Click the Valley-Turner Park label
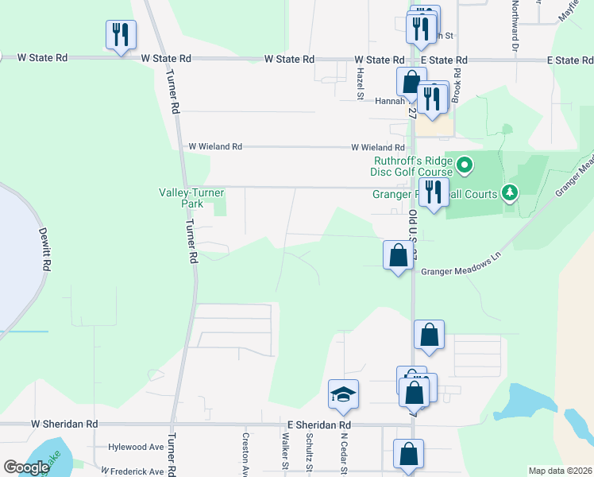click(x=191, y=198)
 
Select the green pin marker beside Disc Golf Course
click(x=465, y=166)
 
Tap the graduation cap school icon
click(x=343, y=395)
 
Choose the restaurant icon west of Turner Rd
click(x=121, y=35)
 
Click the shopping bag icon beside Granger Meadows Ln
click(x=398, y=256)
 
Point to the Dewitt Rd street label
click(x=45, y=247)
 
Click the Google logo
click(x=26, y=467)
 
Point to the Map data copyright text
click(x=559, y=471)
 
